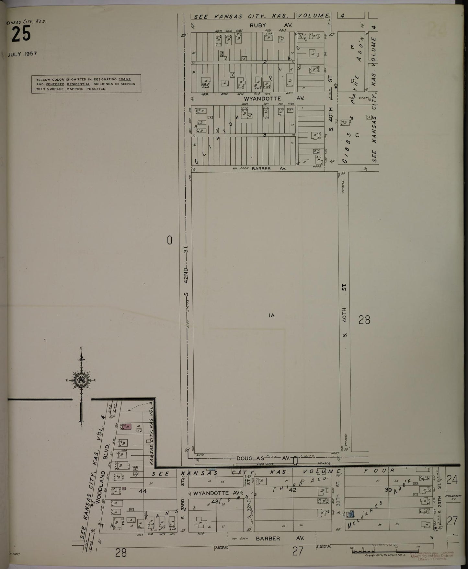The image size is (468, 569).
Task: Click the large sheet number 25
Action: pyautogui.click(x=21, y=35)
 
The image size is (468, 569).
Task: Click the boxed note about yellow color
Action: pyautogui.click(x=86, y=84)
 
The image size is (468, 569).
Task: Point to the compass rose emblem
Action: pyautogui.click(x=81, y=380)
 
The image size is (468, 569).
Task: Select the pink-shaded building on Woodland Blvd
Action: pyautogui.click(x=127, y=427)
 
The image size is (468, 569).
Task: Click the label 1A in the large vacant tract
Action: pyautogui.click(x=271, y=315)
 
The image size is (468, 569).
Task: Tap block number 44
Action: pyautogui.click(x=143, y=491)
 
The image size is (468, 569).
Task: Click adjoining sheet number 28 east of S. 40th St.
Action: pyautogui.click(x=364, y=320)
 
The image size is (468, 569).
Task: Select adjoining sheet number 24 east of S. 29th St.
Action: pyautogui.click(x=452, y=480)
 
